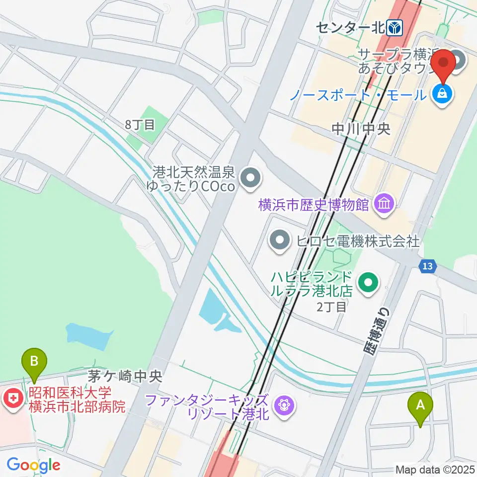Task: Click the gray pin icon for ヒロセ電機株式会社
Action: pos(279,241)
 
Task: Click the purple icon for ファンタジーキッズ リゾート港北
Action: pos(284,406)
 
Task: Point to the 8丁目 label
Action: pos(140,125)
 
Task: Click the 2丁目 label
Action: pos(331,307)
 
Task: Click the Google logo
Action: pos(33,465)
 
